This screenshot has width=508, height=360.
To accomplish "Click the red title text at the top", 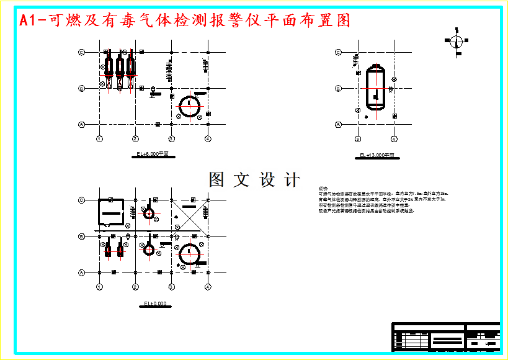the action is [185, 20].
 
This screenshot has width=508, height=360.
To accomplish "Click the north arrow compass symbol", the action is [455, 42].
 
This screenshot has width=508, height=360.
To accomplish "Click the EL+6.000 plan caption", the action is [152, 153].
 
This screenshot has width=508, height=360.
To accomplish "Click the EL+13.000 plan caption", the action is [377, 155].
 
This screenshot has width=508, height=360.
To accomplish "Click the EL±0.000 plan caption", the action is [154, 304].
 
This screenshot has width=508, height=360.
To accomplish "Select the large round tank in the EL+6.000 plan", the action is [189, 106].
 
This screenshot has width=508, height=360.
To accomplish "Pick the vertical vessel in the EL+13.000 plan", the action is [375, 88].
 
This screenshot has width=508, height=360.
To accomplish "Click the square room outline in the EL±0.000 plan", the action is [109, 214].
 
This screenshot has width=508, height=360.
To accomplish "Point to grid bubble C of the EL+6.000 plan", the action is [81, 53].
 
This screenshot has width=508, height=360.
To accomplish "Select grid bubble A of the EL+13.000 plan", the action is [339, 125].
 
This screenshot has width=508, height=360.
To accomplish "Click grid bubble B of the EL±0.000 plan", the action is [81, 236].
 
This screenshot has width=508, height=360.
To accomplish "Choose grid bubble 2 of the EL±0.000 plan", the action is [135, 286].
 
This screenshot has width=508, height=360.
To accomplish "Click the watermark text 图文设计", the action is [254, 180].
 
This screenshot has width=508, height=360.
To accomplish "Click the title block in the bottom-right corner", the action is [445, 337].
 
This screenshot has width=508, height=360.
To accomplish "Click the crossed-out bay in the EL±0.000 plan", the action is [190, 215].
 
